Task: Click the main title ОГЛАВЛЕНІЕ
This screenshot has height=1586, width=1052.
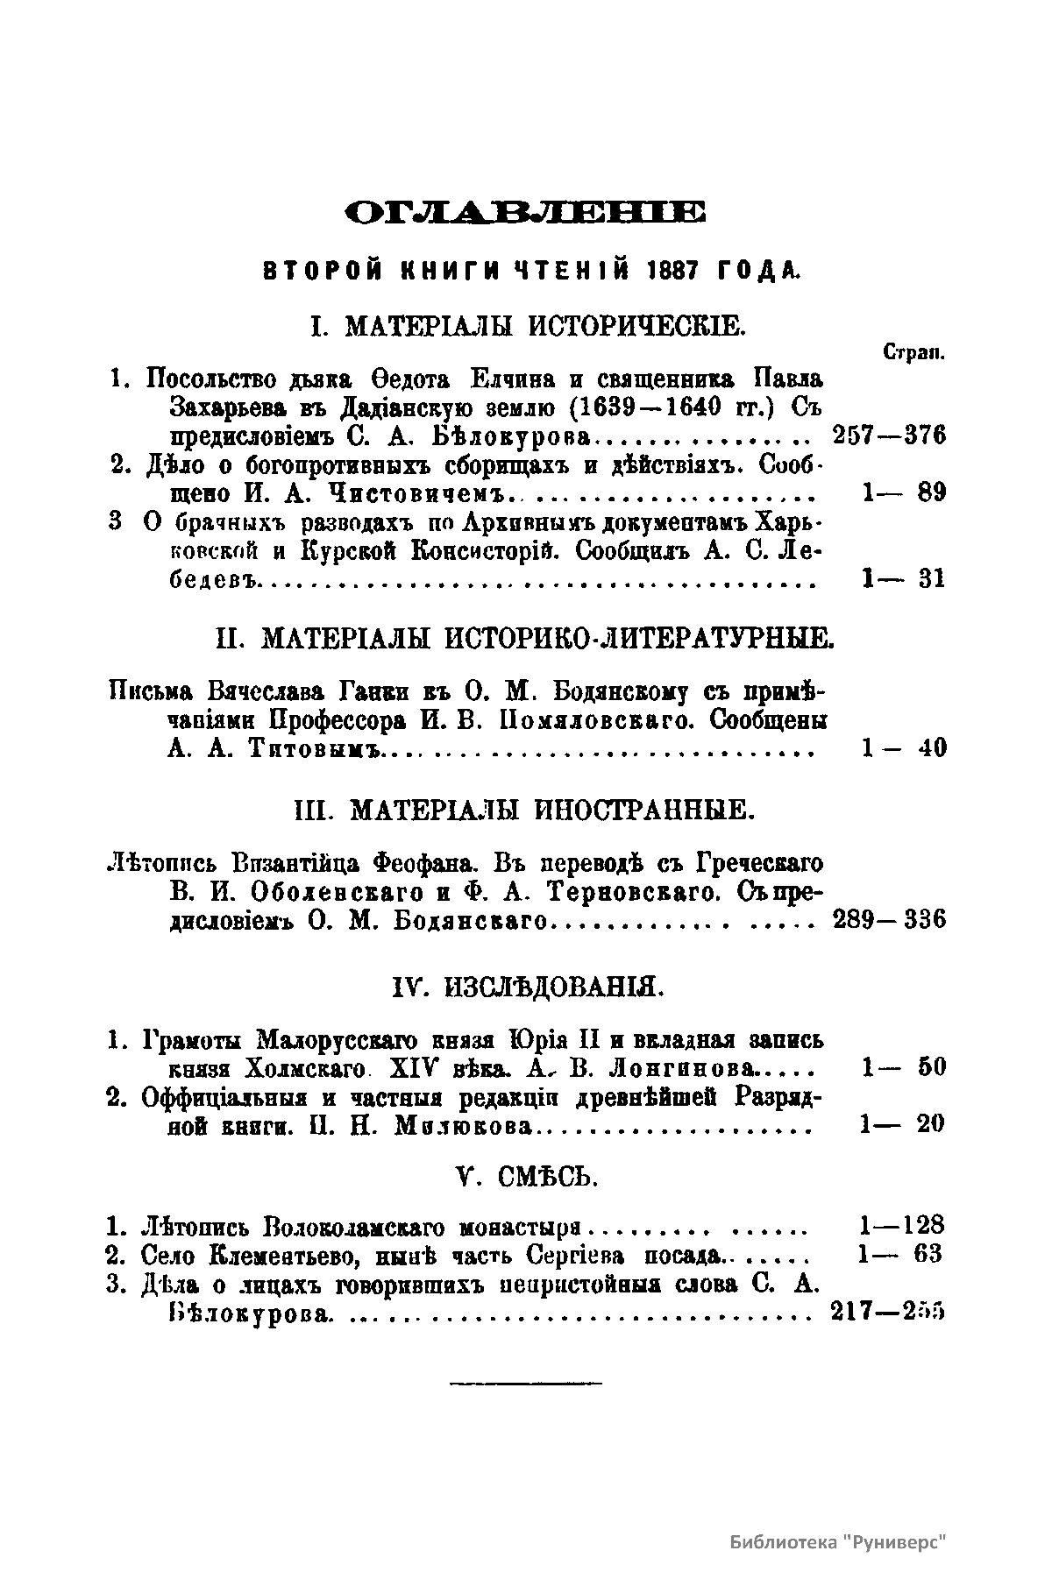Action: [525, 213]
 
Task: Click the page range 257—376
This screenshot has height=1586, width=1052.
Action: [887, 435]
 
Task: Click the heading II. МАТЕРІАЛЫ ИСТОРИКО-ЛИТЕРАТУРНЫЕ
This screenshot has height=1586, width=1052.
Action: [525, 638]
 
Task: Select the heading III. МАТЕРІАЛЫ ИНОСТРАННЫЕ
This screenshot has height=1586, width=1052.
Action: [525, 809]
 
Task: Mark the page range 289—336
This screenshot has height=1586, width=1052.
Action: [887, 920]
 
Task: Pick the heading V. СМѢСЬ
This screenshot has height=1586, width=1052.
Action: [527, 1178]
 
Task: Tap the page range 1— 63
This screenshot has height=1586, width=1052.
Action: [900, 1254]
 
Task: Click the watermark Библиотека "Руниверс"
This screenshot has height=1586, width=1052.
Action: [841, 1543]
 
